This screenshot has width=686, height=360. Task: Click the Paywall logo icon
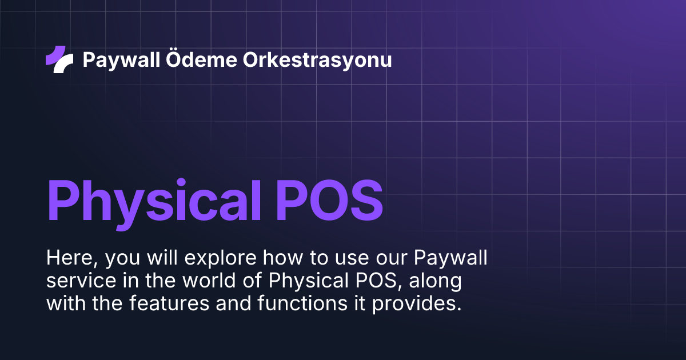[x=59, y=59]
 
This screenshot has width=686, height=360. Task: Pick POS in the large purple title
[x=330, y=202]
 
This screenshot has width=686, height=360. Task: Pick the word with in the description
[x=63, y=304]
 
